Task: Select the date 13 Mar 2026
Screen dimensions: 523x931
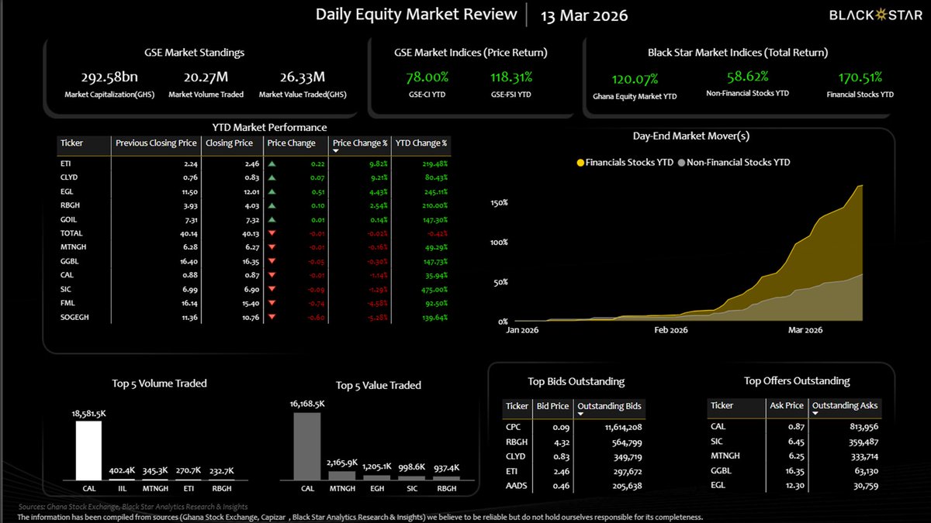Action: [x=583, y=15]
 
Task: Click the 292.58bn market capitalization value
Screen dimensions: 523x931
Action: [x=109, y=77]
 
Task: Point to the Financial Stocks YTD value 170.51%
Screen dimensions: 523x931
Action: [x=860, y=77]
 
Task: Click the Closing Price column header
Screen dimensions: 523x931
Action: [x=230, y=143]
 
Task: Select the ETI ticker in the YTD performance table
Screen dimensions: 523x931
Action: [x=65, y=163]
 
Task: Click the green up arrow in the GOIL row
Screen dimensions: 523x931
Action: [x=272, y=219]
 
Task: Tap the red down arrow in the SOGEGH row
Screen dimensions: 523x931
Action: [x=272, y=316]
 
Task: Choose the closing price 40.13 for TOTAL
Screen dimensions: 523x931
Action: [x=241, y=233]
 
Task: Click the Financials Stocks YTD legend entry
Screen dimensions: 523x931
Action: [x=624, y=163]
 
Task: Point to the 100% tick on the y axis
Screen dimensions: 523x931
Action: [x=499, y=242]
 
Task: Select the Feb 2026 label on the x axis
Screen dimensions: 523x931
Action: [x=671, y=330]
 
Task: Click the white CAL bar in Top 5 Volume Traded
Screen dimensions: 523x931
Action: [x=88, y=450]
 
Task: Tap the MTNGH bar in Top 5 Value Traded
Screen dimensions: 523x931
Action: [x=341, y=476]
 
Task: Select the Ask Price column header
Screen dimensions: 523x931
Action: [x=787, y=405]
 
